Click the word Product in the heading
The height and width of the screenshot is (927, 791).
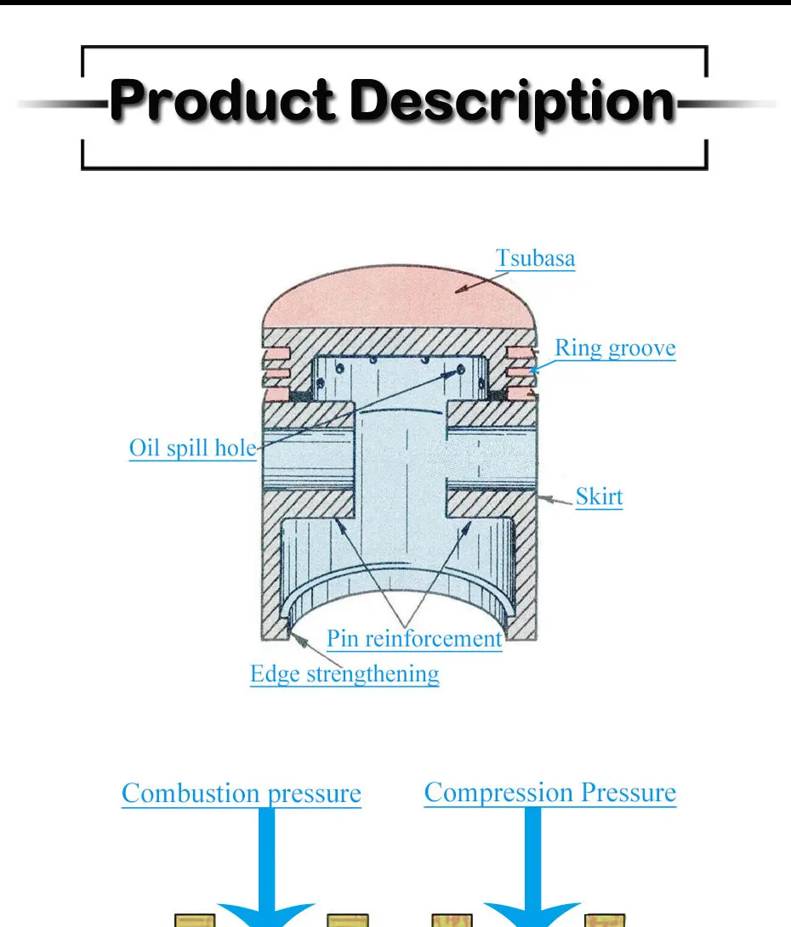(225, 101)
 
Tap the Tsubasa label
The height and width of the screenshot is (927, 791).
(535, 258)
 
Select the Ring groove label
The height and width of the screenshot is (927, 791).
(615, 348)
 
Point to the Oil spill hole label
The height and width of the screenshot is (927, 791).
(192, 448)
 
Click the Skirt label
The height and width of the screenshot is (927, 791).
(599, 496)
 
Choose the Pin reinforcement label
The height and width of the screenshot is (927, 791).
(414, 638)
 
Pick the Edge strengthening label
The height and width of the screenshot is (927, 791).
(344, 675)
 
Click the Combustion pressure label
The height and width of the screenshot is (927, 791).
(242, 794)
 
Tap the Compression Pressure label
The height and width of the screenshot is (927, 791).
(550, 793)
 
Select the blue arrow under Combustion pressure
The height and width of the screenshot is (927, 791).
(267, 875)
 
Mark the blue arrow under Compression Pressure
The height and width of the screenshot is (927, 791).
(533, 875)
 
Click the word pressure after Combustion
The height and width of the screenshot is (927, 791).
(315, 794)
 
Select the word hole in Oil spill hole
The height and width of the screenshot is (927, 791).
(234, 448)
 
